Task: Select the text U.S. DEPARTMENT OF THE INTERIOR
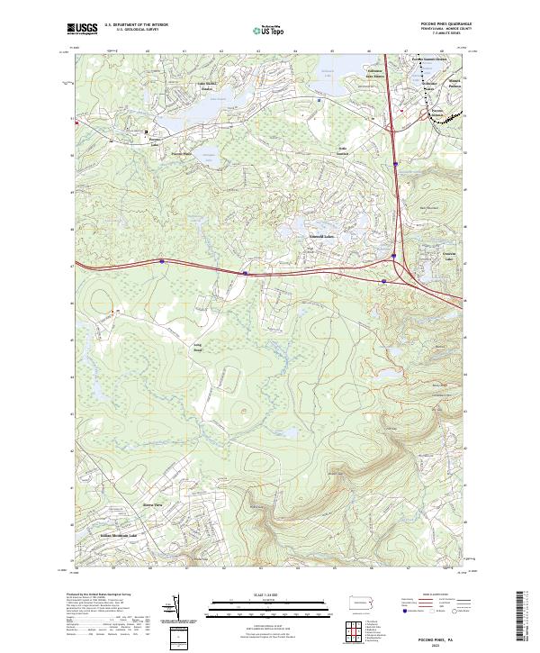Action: click(136, 24)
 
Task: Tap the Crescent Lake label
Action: click(438, 258)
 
